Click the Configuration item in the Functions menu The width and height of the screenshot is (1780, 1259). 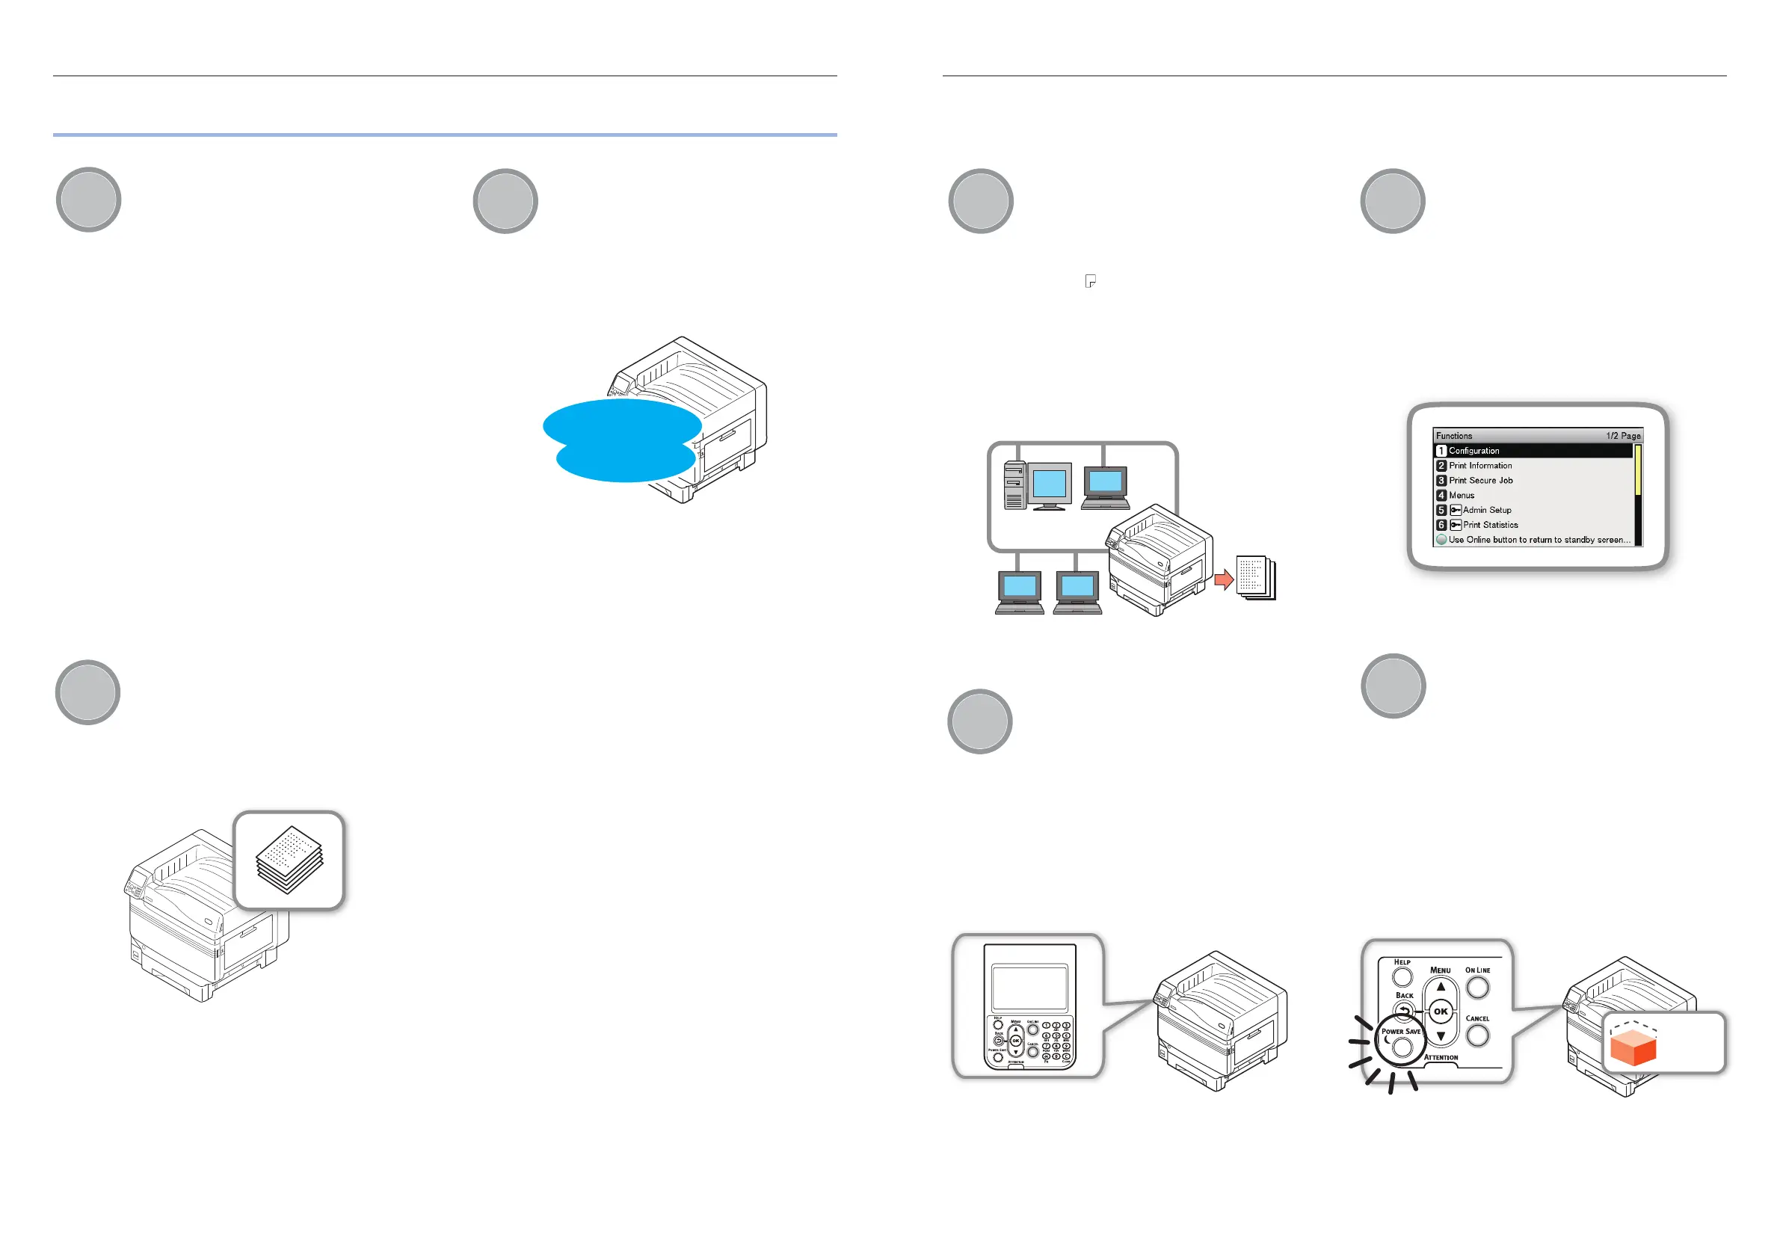click(1473, 450)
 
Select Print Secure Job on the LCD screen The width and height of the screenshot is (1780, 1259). click(1480, 481)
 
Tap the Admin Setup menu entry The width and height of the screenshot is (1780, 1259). click(1486, 510)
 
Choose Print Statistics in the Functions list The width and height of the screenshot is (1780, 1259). click(1489, 525)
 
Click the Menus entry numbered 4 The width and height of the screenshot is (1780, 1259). click(1462, 496)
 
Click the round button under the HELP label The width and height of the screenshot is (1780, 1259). click(1402, 977)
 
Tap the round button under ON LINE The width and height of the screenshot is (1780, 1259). click(1478, 987)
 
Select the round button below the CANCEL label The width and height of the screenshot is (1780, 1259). click(1478, 1035)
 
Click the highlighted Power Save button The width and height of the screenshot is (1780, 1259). click(1402, 1047)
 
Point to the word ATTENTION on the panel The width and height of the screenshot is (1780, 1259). click(1441, 1057)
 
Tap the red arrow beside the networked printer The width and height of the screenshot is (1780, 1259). click(1223, 579)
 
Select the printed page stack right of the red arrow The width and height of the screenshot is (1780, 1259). click(1256, 578)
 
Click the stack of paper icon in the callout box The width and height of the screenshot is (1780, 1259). click(289, 860)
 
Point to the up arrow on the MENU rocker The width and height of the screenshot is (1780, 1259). click(1441, 987)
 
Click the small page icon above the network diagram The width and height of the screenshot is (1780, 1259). click(1090, 281)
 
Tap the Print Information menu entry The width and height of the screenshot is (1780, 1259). click(1480, 466)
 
